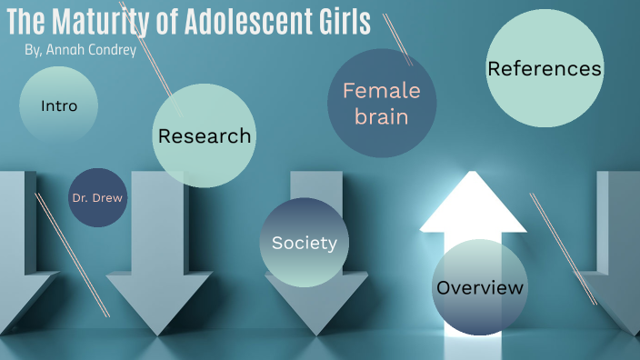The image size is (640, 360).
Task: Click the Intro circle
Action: tap(58, 106)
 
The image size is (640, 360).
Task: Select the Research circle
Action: tap(204, 136)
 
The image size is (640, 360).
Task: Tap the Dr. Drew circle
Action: tap(97, 197)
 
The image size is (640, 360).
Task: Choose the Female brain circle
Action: tap(382, 103)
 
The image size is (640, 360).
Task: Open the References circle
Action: tap(545, 69)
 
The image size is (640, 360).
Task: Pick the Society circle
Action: tap(305, 243)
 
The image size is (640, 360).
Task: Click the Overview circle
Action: tap(480, 288)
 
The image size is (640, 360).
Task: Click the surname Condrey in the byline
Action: tap(112, 49)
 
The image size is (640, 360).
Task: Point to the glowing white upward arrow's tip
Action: tap(472, 175)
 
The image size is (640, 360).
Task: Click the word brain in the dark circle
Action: tap(382, 116)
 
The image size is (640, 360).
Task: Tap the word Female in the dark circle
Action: tap(382, 90)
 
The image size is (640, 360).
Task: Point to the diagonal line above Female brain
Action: tap(397, 39)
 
